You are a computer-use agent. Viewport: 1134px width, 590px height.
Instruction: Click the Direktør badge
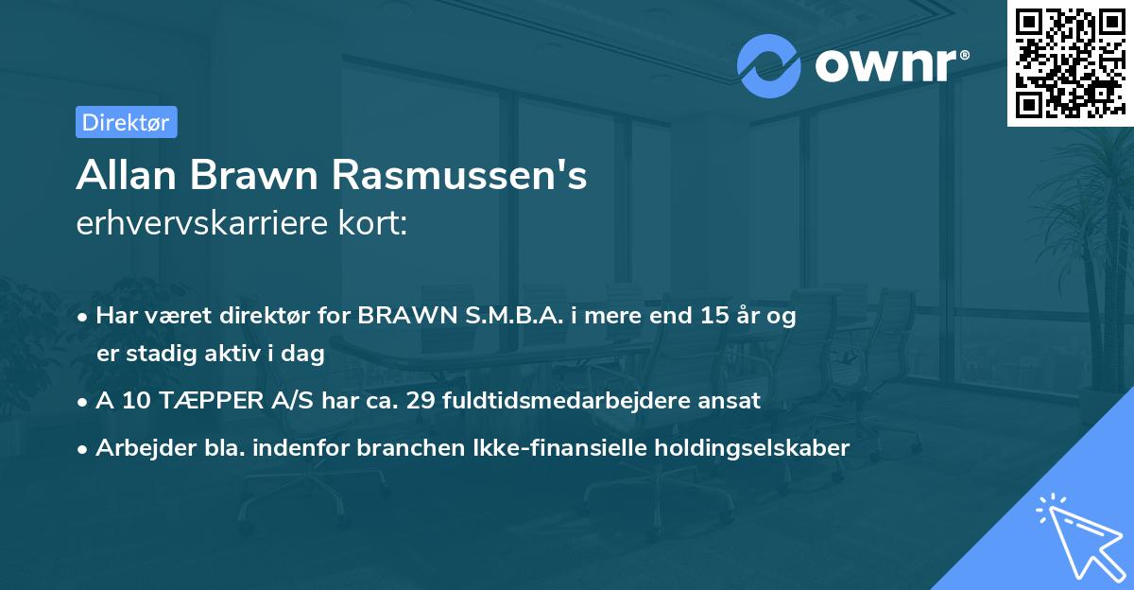click(126, 122)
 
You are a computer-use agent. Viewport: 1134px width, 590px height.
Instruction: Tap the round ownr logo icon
click(768, 64)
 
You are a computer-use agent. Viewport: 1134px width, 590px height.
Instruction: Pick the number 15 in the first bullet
click(714, 316)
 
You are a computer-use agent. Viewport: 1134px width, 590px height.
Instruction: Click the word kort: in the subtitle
click(375, 224)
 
